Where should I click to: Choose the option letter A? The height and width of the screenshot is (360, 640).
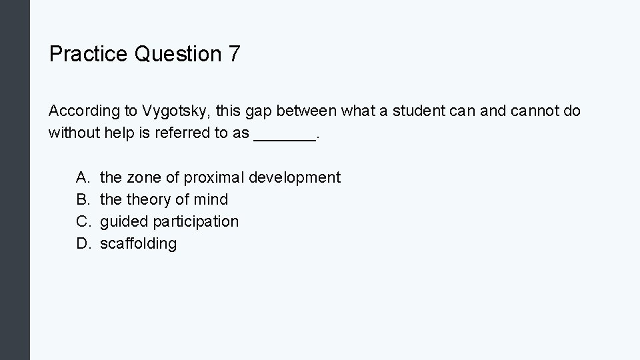click(x=83, y=177)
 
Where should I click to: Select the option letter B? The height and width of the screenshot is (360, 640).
click(x=83, y=199)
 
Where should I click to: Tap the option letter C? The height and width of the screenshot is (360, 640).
click(x=83, y=221)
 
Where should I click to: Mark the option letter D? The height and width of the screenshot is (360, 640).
click(x=83, y=243)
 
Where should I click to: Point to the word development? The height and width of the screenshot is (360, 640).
click(x=295, y=178)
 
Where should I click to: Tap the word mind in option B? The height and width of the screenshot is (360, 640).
click(x=211, y=199)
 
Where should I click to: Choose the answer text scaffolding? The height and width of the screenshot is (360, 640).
click(x=138, y=243)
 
